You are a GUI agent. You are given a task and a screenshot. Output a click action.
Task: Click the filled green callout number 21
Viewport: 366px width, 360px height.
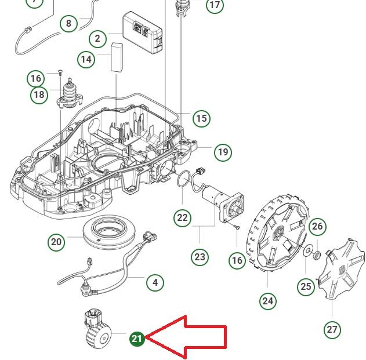pyautogui.click(x=137, y=339)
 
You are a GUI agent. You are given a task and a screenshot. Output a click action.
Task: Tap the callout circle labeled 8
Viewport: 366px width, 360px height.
pyautogui.click(x=69, y=24)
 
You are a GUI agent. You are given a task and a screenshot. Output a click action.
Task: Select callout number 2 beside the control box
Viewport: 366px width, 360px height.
pyautogui.click(x=97, y=39)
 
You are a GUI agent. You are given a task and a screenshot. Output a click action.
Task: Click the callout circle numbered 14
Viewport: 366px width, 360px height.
pyautogui.click(x=86, y=59)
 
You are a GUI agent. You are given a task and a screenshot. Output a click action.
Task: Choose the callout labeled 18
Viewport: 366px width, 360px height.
pyautogui.click(x=39, y=94)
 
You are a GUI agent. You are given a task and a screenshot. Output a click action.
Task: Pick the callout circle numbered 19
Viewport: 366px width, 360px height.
pyautogui.click(x=223, y=152)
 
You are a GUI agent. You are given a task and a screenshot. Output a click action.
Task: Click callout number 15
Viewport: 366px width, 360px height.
pyautogui.click(x=201, y=118)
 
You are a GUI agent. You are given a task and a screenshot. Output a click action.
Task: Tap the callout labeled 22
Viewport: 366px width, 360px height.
pyautogui.click(x=183, y=218)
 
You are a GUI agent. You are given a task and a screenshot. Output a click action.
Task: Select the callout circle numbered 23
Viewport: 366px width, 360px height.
pyautogui.click(x=200, y=256)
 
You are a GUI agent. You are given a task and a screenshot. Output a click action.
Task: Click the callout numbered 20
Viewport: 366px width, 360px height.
pyautogui.click(x=56, y=242)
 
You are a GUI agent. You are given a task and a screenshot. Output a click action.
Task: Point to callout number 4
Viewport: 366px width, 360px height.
pyautogui.click(x=155, y=283)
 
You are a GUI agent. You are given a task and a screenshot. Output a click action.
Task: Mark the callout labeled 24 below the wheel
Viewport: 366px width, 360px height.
pyautogui.click(x=267, y=301)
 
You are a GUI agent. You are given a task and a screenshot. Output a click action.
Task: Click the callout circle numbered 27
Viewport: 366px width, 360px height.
pyautogui.click(x=332, y=330)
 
